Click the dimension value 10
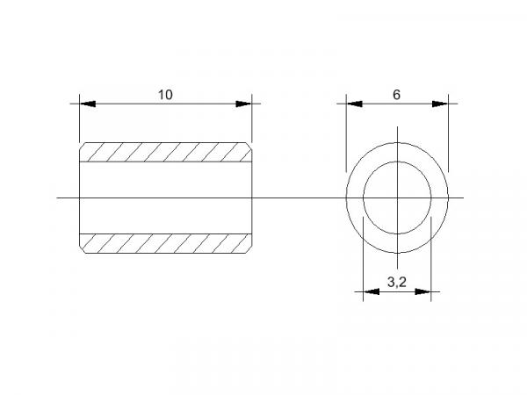[165, 95]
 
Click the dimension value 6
[397, 95]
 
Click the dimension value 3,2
[397, 282]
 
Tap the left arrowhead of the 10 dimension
[88, 104]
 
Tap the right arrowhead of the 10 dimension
[243, 104]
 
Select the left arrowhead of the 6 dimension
[355, 104]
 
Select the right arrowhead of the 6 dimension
[440, 104]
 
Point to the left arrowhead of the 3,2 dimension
[372, 291]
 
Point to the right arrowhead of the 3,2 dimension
[422, 291]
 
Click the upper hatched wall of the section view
[165, 152]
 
